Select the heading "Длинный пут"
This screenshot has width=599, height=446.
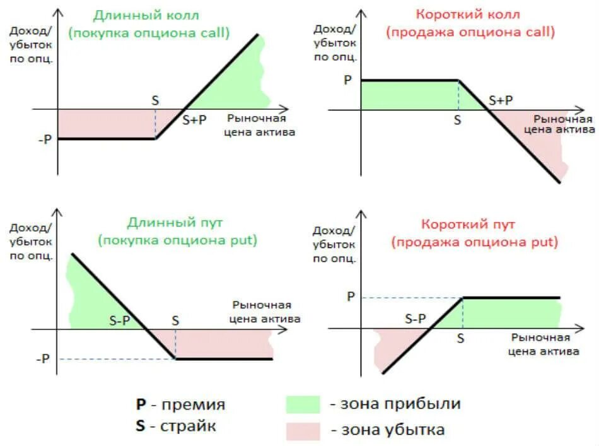pos(175,223)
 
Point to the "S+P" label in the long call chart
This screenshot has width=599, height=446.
pos(194,120)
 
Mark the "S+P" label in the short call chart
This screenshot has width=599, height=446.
pos(501,100)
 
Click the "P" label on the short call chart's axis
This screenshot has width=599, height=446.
pos(347,81)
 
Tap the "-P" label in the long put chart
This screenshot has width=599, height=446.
pos(42,359)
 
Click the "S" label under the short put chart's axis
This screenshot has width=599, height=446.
pos(461,338)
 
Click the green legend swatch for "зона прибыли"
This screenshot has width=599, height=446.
pos(303,404)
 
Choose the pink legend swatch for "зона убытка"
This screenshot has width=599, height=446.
pos(303,431)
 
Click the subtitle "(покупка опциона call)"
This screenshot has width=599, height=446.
pos(149,33)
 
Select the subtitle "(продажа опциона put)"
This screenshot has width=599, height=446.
pos(474,242)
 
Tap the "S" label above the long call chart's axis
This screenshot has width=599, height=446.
pos(156,100)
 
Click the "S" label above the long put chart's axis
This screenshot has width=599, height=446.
pos(175,320)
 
